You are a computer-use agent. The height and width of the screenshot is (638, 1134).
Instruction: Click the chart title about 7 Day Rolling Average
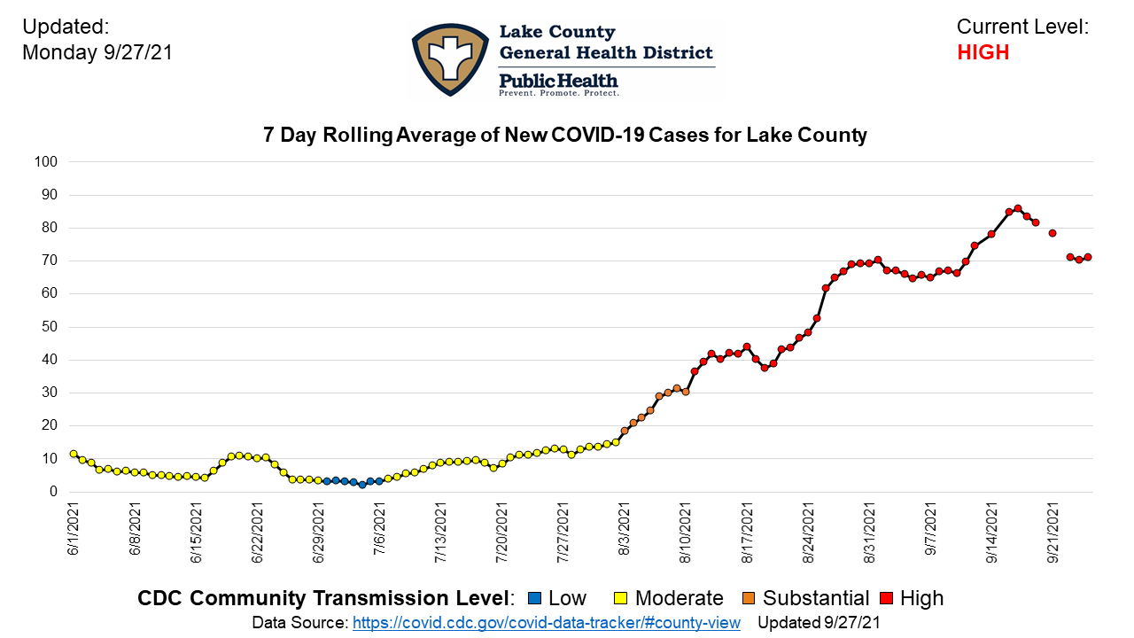565,136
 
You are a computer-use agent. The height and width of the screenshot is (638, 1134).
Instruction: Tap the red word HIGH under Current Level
983,52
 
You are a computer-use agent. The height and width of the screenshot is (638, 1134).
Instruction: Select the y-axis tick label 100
46,162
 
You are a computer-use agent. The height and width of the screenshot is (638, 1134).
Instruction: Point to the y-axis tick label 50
50,327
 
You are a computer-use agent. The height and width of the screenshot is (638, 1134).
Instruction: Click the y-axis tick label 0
53,492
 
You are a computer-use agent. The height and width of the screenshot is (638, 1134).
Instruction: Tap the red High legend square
882,598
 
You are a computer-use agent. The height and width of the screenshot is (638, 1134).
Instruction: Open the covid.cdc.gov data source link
546,623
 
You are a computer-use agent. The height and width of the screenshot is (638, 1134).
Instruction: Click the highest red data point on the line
1017,208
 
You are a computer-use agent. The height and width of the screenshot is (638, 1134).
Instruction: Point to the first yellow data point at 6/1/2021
74,454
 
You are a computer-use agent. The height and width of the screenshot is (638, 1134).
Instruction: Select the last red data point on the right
1088,257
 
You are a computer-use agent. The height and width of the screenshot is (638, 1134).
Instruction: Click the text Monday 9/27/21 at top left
97,52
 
